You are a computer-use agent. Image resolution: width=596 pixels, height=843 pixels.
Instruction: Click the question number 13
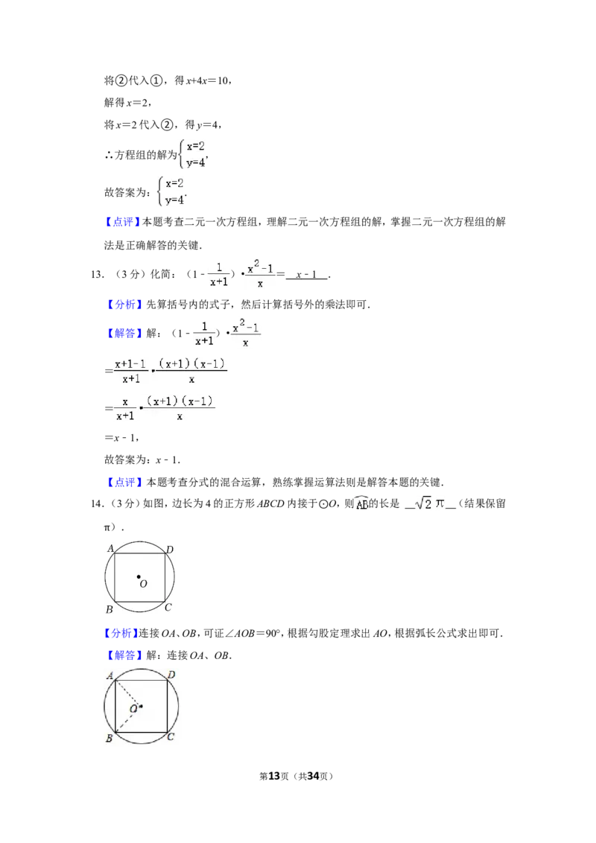tap(97, 275)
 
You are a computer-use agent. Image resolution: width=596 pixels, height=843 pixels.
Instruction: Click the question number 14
tap(97, 503)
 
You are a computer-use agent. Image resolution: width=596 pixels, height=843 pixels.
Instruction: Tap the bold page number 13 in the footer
tap(274, 776)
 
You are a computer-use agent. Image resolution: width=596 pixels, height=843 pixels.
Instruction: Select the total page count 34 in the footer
tap(313, 776)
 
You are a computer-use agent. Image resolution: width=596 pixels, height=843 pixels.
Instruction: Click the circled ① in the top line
tap(156, 80)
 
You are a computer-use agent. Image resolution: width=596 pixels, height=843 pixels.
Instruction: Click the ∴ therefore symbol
tap(109, 156)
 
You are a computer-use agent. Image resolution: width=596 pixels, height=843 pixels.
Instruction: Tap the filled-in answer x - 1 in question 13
tap(307, 275)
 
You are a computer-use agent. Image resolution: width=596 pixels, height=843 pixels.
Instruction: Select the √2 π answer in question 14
tap(430, 503)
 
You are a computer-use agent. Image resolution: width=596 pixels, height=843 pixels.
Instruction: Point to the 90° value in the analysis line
tap(273, 633)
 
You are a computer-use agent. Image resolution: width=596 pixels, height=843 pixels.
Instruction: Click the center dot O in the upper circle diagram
tap(139, 577)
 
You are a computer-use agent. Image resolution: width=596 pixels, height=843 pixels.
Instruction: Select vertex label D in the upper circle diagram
tap(169, 550)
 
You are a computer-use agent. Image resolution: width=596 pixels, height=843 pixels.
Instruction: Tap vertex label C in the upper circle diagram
tap(168, 607)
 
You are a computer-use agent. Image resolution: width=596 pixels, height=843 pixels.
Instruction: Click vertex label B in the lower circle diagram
tap(110, 738)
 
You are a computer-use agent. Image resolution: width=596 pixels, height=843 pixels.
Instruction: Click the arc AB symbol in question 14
tap(361, 503)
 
